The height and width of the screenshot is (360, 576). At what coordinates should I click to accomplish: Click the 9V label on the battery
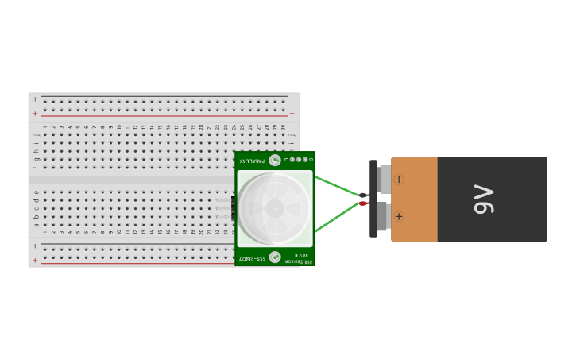click(x=483, y=199)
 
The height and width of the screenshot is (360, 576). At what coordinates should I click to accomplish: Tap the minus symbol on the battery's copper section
click(x=399, y=180)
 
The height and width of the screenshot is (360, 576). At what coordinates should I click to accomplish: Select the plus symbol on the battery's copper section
click(x=399, y=216)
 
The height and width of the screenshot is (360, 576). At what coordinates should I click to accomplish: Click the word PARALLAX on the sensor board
click(x=253, y=161)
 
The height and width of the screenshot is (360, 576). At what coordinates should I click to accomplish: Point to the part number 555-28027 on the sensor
click(x=253, y=257)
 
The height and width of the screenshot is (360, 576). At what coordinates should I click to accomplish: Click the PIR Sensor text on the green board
click(x=299, y=261)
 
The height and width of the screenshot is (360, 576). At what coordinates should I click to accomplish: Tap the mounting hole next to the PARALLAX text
click(x=275, y=161)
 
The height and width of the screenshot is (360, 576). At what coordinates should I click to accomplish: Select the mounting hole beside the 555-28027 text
click(x=275, y=257)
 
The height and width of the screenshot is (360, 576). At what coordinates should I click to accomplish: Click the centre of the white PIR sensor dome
click(x=275, y=208)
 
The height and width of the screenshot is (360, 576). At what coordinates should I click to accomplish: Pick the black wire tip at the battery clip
click(x=363, y=195)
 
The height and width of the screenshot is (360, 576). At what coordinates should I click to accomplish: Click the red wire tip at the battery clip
click(x=363, y=203)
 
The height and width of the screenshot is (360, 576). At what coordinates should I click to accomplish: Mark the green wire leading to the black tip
click(x=337, y=186)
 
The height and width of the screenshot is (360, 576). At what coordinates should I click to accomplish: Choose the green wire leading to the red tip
click(x=337, y=218)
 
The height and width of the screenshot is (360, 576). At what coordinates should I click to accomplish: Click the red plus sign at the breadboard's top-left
click(x=35, y=114)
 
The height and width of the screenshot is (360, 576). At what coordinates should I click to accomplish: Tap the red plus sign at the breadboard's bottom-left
click(x=35, y=260)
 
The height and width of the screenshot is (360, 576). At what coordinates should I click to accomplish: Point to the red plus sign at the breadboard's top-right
click(x=292, y=114)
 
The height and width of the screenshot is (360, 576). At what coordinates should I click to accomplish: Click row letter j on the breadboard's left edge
click(x=36, y=135)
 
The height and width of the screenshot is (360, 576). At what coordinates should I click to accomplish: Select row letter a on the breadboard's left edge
click(x=36, y=225)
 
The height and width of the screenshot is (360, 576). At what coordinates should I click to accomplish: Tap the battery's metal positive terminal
click(x=383, y=216)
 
